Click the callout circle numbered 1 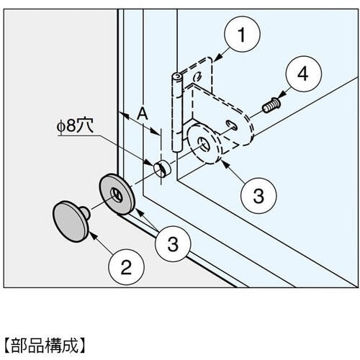click(242, 35)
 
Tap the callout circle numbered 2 click(126, 267)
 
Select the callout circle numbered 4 click(304, 74)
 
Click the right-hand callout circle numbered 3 click(258, 196)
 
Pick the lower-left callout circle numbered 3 click(173, 244)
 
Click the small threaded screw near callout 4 click(271, 105)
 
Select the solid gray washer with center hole click(117, 194)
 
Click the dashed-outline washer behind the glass click(204, 144)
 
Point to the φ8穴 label click(75, 125)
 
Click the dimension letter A click(143, 114)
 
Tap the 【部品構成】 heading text click(45, 346)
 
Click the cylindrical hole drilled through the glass click(162, 168)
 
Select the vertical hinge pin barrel click(177, 112)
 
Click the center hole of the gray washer click(117, 194)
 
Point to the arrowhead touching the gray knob click(93, 235)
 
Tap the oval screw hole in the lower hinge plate click(232, 125)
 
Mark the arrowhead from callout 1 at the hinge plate click(217, 58)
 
